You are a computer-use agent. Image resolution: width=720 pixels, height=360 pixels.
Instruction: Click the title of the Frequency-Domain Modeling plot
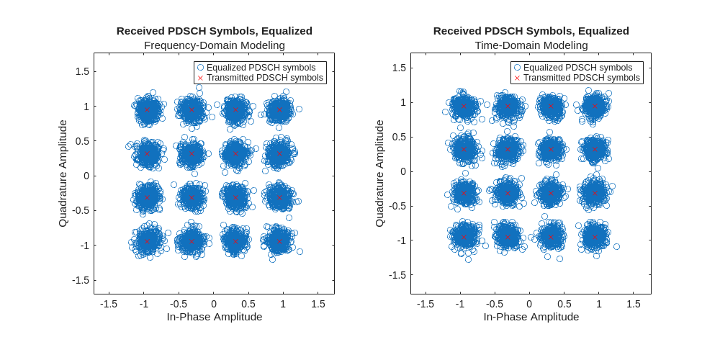click(214, 31)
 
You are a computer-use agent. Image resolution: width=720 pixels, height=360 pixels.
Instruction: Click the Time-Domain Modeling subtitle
click(531, 45)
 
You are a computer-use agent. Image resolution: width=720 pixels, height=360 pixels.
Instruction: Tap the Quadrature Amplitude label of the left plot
click(63, 174)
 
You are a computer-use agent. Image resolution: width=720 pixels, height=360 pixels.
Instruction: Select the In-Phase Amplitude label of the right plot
click(531, 317)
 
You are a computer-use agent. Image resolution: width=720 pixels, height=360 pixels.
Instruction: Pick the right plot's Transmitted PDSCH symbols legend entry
click(581, 78)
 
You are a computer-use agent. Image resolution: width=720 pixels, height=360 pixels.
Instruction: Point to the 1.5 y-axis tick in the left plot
click(81, 71)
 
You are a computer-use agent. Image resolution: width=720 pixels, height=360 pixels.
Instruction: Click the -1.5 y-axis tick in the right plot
click(397, 275)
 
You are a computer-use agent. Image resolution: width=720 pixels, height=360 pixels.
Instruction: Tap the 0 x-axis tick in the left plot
click(214, 305)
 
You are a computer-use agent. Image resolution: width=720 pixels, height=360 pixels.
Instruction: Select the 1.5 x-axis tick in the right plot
click(634, 305)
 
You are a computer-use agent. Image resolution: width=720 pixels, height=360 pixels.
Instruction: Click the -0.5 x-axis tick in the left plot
click(179, 305)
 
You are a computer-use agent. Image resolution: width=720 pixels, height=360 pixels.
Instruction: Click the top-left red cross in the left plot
click(147, 109)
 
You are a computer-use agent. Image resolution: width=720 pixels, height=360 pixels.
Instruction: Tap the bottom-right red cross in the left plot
click(279, 241)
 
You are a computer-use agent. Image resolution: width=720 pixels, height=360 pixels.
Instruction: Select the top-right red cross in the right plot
click(595, 106)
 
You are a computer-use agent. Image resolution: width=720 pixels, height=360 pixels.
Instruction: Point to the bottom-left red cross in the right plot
click(464, 237)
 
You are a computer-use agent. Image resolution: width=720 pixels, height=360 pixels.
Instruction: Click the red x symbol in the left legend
click(201, 78)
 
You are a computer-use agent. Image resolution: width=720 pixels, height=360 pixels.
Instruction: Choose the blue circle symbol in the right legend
click(517, 67)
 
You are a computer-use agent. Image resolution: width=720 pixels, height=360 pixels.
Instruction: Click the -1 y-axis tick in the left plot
click(85, 246)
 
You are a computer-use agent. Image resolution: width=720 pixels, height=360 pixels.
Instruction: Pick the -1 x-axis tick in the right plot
click(460, 305)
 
